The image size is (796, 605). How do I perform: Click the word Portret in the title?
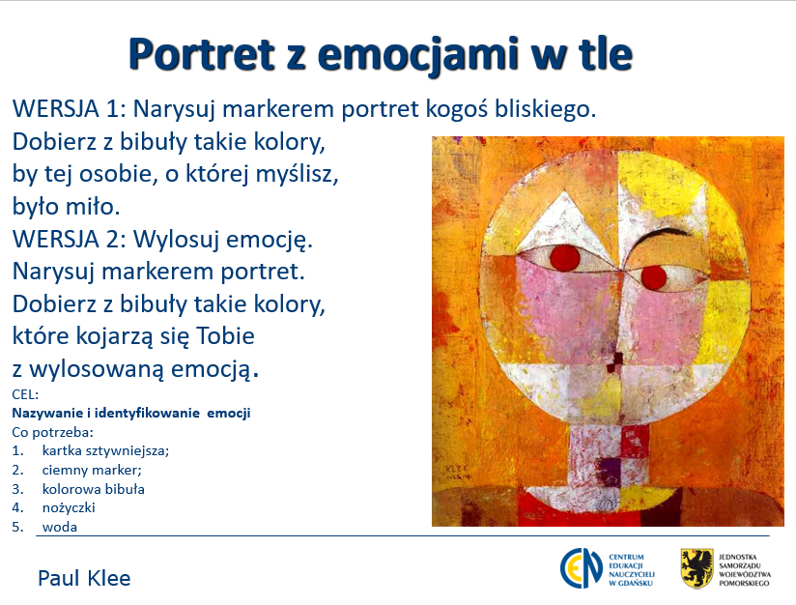point(202,54)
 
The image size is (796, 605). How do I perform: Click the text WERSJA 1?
point(69,108)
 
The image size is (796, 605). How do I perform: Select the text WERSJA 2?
point(69,239)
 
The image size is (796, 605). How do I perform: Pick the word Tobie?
point(225,335)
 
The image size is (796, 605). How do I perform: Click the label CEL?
point(25,394)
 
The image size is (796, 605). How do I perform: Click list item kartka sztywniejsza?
point(105,450)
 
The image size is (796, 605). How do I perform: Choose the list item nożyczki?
point(69,507)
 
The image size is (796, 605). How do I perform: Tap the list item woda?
point(60,527)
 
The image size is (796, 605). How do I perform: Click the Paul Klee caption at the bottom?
point(84,578)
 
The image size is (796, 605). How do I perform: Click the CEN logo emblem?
point(582,568)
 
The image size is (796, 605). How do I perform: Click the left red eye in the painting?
point(565,257)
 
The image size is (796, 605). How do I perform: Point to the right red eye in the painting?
point(653,276)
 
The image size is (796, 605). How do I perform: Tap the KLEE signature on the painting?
point(456,470)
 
